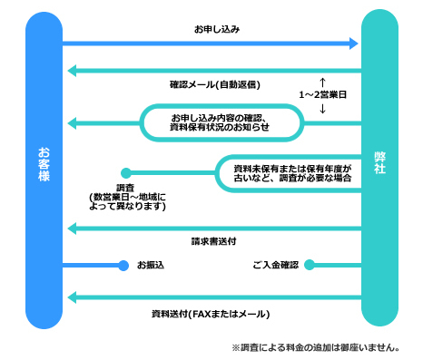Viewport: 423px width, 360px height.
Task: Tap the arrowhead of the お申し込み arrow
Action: (x=354, y=43)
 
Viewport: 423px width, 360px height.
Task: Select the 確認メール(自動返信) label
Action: (x=215, y=85)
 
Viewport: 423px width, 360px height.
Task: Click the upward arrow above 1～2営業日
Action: (x=322, y=81)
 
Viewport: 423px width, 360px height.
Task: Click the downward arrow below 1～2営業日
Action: (x=322, y=109)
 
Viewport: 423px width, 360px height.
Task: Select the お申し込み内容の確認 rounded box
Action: (x=220, y=122)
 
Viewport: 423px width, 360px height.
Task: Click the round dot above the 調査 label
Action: (x=126, y=172)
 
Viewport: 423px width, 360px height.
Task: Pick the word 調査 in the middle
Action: (x=127, y=187)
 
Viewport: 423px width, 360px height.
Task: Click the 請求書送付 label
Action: (x=214, y=242)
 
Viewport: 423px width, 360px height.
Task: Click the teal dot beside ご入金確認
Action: (x=309, y=265)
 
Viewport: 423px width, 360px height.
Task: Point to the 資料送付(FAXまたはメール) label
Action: (x=211, y=313)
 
